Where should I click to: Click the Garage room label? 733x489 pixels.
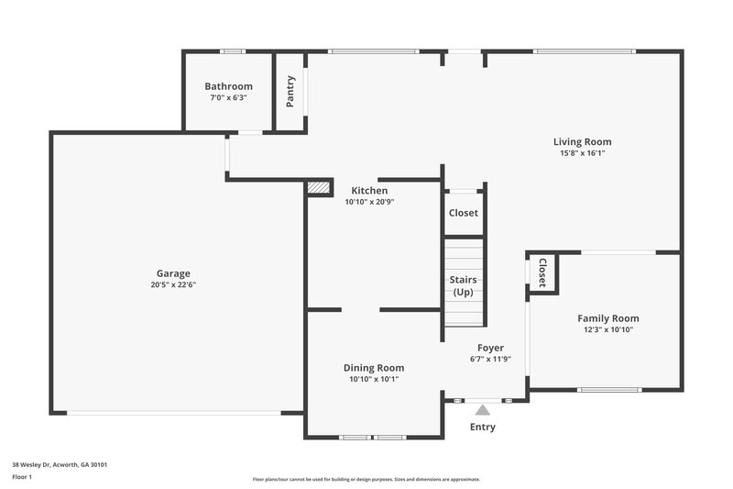(x=173, y=273)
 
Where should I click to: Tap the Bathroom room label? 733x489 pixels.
(x=228, y=87)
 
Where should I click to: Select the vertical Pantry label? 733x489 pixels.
(x=290, y=91)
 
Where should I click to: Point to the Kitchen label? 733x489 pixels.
(x=369, y=191)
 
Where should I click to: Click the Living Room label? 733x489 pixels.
(x=582, y=142)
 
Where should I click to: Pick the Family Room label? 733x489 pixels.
(x=607, y=318)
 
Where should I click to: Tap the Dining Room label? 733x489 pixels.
(x=374, y=368)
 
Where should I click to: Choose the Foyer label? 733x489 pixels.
(x=490, y=348)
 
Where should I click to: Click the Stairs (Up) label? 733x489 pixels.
(x=463, y=285)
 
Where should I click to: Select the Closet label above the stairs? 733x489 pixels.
(x=463, y=213)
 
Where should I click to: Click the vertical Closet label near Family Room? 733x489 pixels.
(x=542, y=272)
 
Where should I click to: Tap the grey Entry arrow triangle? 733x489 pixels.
(x=483, y=410)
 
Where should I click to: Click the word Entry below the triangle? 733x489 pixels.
(x=483, y=428)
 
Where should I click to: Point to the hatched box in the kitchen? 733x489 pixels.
(x=318, y=187)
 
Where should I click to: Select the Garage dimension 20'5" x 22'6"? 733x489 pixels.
(x=173, y=285)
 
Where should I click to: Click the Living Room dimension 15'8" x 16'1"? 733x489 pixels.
(x=582, y=154)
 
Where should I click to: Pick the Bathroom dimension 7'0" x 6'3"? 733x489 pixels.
(x=228, y=97)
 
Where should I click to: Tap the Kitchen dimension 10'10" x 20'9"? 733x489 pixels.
(x=369, y=202)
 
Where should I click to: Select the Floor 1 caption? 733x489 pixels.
(x=22, y=477)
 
